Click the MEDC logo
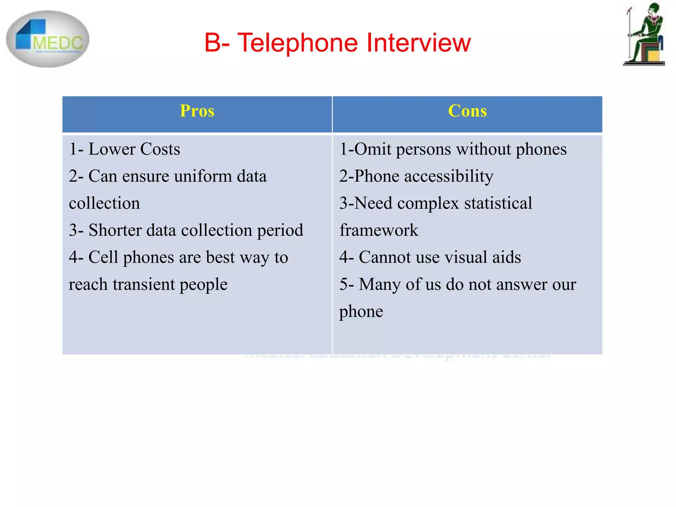click(x=48, y=39)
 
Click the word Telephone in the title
click(x=297, y=43)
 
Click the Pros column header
click(x=197, y=111)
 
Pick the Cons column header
click(x=467, y=111)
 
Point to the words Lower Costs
click(x=134, y=149)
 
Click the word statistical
click(x=498, y=203)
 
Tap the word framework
click(x=379, y=230)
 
